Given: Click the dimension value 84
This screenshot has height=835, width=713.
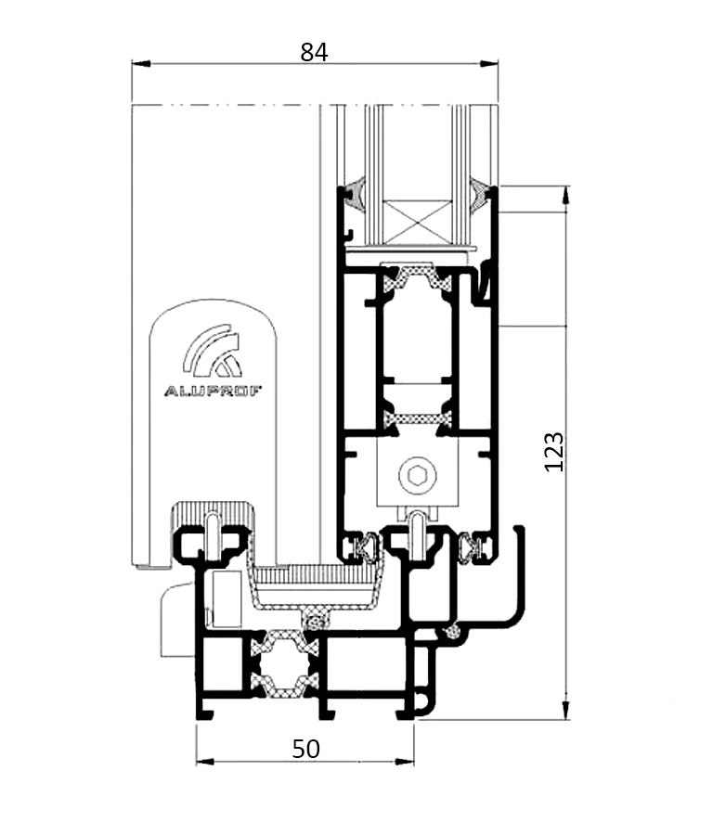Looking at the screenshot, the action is click(314, 52).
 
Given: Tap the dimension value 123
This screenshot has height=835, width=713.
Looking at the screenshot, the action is click(553, 452).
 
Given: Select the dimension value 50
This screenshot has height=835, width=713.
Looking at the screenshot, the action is click(305, 748).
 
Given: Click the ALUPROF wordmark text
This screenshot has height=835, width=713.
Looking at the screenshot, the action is click(213, 392).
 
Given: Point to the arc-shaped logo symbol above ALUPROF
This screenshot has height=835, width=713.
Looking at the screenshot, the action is click(212, 350).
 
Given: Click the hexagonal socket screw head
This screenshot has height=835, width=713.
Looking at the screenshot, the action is click(417, 473).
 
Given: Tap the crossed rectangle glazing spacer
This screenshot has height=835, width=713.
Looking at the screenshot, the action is click(417, 222).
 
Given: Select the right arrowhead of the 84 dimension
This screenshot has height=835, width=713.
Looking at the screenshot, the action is click(488, 64).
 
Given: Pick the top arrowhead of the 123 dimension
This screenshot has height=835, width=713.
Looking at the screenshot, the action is click(566, 195).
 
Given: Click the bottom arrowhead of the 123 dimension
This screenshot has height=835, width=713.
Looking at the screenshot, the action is click(566, 711).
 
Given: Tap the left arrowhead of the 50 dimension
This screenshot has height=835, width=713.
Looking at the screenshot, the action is click(206, 762).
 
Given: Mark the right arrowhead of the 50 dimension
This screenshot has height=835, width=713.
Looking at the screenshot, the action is click(405, 762).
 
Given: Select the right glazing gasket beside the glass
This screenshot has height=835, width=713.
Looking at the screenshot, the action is click(480, 194).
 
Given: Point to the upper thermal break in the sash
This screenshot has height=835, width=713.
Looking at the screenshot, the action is click(417, 277).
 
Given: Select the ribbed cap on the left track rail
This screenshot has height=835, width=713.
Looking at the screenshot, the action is click(212, 514).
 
